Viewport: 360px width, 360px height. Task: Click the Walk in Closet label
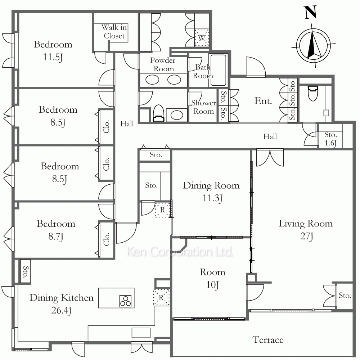tap(114, 31)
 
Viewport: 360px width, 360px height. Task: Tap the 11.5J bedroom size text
tap(53, 57)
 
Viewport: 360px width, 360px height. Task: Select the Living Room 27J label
tap(306, 230)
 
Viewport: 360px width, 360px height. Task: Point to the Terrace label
tap(268, 340)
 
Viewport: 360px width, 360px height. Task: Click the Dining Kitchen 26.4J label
tap(62, 304)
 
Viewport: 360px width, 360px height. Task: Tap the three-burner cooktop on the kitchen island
tap(125, 301)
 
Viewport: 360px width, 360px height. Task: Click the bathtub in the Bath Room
tap(219, 70)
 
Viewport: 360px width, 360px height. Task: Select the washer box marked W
tap(202, 38)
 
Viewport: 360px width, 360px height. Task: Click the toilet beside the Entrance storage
tap(313, 93)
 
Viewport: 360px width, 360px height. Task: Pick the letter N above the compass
tap(311, 12)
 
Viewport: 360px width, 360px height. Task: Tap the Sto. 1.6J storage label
tap(330, 139)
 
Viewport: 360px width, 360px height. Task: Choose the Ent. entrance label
tap(263, 101)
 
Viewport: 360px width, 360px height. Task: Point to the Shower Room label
tap(204, 107)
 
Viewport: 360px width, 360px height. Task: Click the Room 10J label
tap(212, 278)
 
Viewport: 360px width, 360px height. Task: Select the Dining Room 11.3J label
tap(211, 192)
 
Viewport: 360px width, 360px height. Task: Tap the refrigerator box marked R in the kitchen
tap(161, 298)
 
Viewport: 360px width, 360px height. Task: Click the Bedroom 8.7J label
tap(56, 230)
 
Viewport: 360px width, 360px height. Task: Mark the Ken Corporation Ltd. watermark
tap(180, 252)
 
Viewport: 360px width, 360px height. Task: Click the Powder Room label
tap(163, 64)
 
